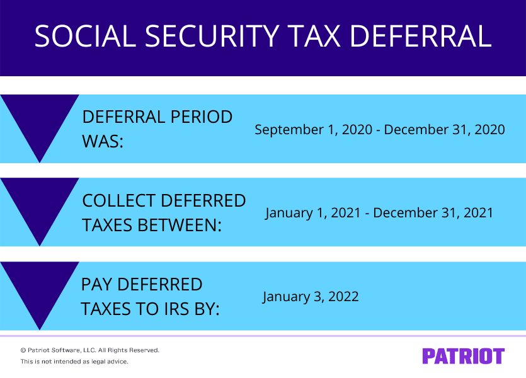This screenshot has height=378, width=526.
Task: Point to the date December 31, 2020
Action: click(445, 130)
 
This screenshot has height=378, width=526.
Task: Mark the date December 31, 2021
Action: click(433, 213)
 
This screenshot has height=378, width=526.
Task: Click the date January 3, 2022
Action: click(311, 296)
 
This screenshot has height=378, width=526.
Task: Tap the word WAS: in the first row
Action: click(103, 140)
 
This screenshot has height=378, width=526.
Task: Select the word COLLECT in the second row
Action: click(119, 201)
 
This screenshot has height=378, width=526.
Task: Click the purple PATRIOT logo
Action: click(463, 356)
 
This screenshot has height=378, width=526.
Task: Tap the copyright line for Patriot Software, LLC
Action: click(89, 350)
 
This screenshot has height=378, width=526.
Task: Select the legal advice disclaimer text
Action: click(74, 362)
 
